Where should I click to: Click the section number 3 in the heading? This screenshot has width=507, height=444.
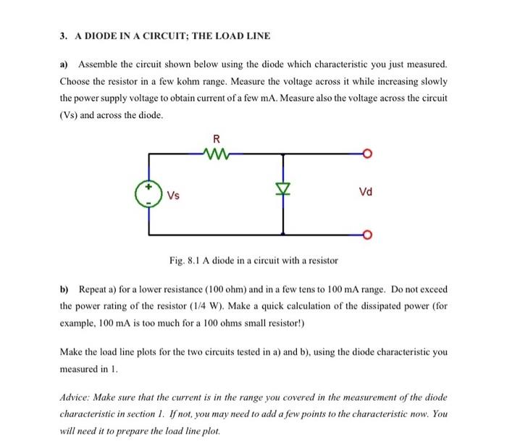63,35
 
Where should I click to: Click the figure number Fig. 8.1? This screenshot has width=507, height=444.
183,259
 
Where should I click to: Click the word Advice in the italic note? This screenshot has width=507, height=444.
75,397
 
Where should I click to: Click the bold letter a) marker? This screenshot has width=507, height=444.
64,64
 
